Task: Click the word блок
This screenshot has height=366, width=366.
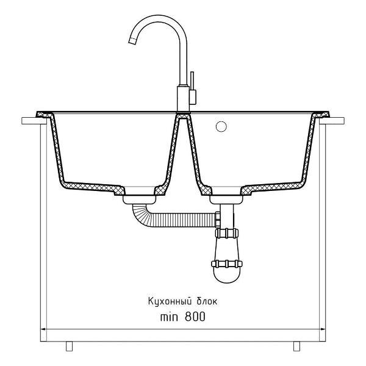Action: point(207,301)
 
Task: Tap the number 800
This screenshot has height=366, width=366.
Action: point(195,317)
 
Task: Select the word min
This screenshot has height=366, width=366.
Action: point(169,317)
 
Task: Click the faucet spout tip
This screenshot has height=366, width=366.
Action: point(132,41)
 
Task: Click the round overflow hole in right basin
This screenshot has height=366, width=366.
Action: point(221,126)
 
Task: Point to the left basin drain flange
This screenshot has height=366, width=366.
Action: point(140,199)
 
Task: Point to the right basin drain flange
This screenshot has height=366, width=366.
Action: point(226,200)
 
